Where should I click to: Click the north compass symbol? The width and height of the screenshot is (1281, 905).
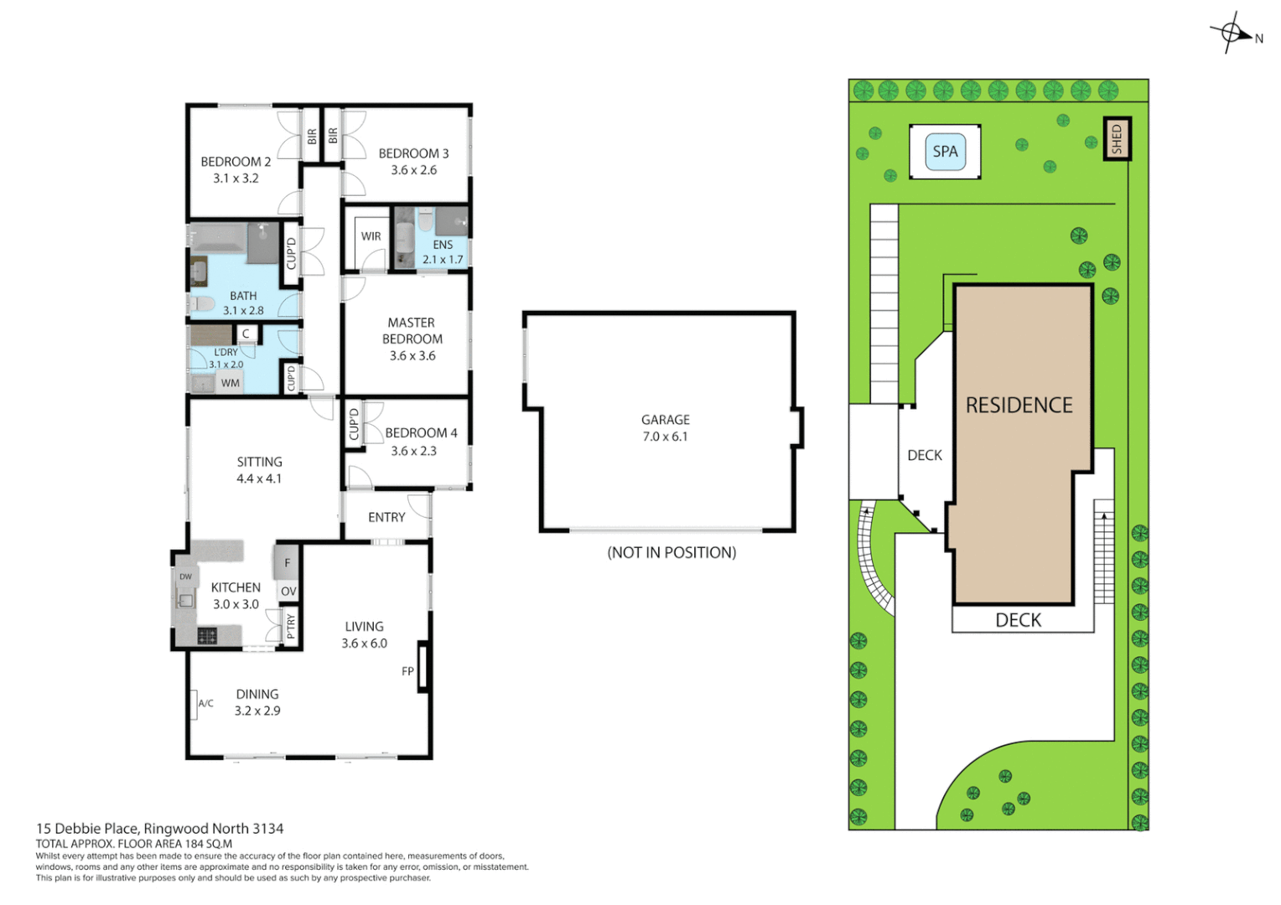coord(1231,33)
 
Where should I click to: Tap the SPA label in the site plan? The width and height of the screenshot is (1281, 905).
coord(945,152)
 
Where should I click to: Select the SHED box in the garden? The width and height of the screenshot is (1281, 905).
coord(1116,139)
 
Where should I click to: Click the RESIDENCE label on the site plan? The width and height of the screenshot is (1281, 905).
coord(1019,406)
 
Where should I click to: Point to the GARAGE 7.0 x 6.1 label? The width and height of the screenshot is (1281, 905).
coord(666,428)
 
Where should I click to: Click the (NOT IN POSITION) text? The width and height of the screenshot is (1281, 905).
coord(672,553)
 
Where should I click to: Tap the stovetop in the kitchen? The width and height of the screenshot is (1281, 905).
coord(207,636)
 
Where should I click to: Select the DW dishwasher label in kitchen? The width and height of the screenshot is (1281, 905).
coord(185,577)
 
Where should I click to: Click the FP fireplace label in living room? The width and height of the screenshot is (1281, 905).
coord(407,671)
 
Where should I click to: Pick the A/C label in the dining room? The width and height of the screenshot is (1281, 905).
coord(205,704)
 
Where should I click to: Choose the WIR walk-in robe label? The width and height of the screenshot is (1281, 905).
coord(371,236)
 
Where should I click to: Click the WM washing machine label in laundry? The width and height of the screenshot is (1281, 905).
coord(231,383)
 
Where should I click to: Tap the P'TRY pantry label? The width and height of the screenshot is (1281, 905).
coord(291,626)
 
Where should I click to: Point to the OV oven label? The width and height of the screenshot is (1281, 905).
coord(288,592)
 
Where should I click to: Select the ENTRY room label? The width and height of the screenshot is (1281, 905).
coord(386,518)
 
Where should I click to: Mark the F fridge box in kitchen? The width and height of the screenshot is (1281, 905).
coord(287,562)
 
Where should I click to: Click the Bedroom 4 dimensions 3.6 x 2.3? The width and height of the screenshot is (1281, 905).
coord(413,451)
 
